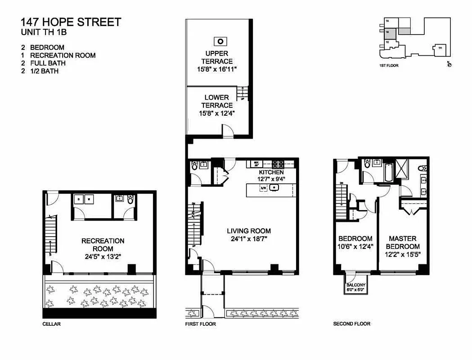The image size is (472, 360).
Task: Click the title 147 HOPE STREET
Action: [x=71, y=22]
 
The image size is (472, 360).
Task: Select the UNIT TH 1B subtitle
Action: [x=46, y=32]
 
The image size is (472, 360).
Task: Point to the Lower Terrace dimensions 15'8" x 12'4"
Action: [x=217, y=113]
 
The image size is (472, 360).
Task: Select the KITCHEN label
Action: [x=271, y=172]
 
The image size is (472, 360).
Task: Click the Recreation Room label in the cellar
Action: [x=103, y=245]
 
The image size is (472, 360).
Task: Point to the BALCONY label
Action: [x=355, y=285]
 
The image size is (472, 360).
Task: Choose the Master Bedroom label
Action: [x=403, y=242]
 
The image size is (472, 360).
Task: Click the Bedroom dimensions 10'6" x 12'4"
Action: [x=355, y=247]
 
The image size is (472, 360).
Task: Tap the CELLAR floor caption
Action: [x=51, y=324]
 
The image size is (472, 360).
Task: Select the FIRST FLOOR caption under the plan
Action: [x=201, y=324]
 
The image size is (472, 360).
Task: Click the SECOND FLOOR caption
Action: [x=351, y=324]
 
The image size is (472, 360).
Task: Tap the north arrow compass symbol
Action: [x=449, y=65]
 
